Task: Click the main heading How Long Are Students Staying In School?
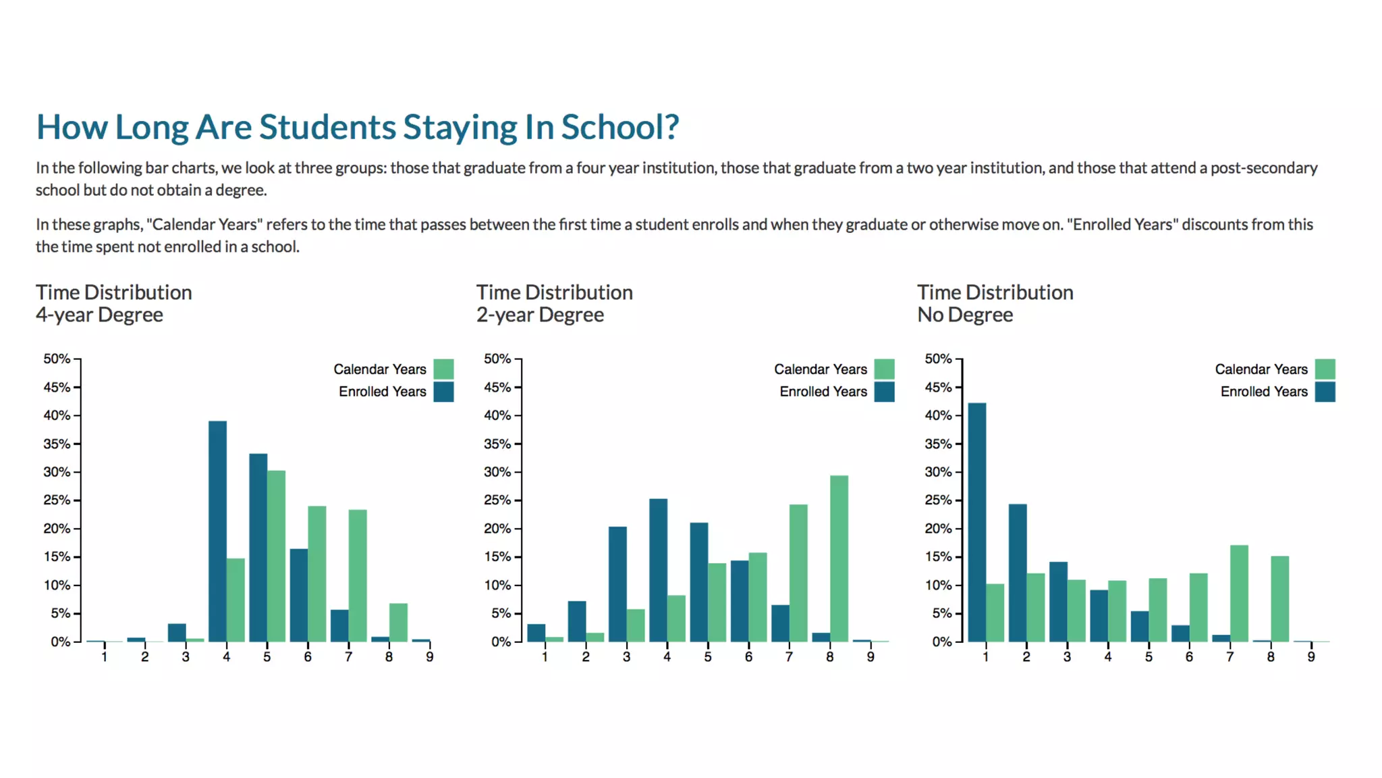click(x=357, y=127)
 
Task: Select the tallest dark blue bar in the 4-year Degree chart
click(x=217, y=531)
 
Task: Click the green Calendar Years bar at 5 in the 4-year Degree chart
click(x=276, y=556)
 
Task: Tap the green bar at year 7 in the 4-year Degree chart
click(x=358, y=575)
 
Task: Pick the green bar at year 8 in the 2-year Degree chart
click(x=839, y=559)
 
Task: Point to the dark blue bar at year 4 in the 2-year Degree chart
click(x=658, y=570)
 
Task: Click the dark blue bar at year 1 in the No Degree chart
click(x=976, y=522)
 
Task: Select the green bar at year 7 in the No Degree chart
click(x=1239, y=593)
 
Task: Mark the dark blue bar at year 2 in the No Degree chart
click(x=1018, y=573)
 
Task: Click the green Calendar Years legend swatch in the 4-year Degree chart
click(x=443, y=369)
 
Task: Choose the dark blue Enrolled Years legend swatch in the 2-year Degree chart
click(x=884, y=392)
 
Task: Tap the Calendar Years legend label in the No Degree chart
click(x=1261, y=369)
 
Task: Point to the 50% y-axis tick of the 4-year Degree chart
click(x=57, y=359)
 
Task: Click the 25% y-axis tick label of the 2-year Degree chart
click(x=497, y=500)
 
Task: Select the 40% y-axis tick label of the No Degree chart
click(x=938, y=415)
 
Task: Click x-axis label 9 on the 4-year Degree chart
click(x=429, y=656)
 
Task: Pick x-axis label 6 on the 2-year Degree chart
click(x=748, y=656)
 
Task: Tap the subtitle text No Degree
click(x=964, y=315)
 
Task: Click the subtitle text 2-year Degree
click(x=540, y=315)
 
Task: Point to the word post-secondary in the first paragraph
click(x=1263, y=168)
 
